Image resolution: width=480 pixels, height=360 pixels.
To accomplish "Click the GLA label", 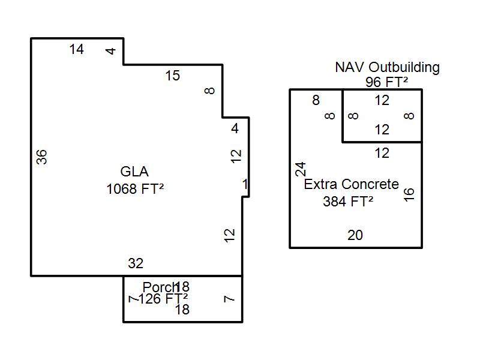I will coord(134,171).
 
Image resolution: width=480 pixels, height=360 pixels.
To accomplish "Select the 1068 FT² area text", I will coord(135,189).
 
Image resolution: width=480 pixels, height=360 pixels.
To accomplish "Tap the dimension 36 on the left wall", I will coord(41,157).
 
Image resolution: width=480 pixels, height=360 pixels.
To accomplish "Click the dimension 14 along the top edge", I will coord(76,50).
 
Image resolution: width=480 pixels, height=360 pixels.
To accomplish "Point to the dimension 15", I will coord(172,76).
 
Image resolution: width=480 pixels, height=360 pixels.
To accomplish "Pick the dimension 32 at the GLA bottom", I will coord(136,263).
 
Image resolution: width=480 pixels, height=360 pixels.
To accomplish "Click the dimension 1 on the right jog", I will coord(245,184).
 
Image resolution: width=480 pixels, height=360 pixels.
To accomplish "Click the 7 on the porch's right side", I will coord(229,298).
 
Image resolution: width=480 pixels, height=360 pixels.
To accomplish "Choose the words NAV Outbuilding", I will coord(387,67).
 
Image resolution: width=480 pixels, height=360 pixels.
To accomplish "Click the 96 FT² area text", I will coord(386,82).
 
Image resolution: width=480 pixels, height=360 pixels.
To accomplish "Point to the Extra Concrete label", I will coord(351,184).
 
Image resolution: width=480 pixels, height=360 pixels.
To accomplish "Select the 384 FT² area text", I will coord(348,202).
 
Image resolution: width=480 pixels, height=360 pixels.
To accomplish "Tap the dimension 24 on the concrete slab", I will coord(301,169).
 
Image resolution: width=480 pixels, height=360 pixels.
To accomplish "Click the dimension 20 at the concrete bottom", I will coord(355,235).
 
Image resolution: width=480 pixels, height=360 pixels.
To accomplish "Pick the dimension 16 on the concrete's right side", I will coord(409,194).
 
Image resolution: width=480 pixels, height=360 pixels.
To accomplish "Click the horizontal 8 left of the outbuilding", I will coord(316,101).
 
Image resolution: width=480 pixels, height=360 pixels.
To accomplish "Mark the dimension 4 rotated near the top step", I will coord(110,51).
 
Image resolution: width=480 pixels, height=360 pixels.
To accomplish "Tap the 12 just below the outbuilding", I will coord(382,153).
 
